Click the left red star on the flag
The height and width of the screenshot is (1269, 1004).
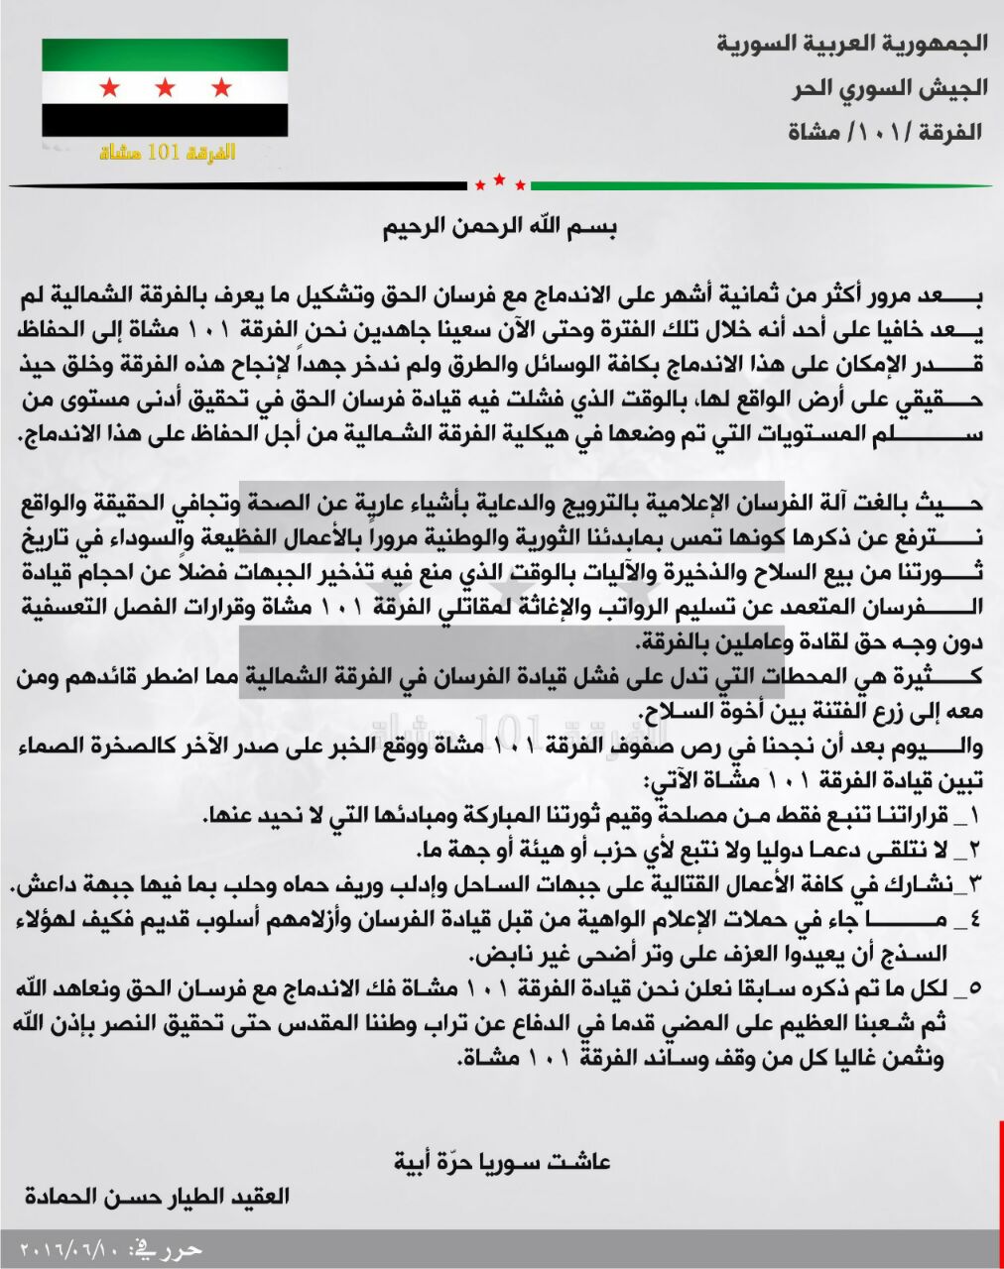tap(109, 88)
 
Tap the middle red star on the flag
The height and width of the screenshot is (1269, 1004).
tap(165, 88)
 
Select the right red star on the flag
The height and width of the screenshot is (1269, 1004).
tap(220, 88)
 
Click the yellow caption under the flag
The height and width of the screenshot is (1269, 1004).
tap(168, 153)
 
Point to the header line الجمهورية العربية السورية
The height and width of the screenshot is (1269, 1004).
tap(852, 44)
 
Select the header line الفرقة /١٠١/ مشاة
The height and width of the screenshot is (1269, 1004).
tap(884, 132)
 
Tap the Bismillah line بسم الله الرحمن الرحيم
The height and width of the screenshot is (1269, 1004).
tap(501, 227)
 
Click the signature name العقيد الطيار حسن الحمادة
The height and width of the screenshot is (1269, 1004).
tap(157, 1195)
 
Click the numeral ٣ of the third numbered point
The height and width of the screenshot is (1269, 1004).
tap(973, 882)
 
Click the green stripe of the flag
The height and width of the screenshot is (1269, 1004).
tap(165, 56)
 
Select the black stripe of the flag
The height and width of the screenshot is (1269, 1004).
tap(165, 121)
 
